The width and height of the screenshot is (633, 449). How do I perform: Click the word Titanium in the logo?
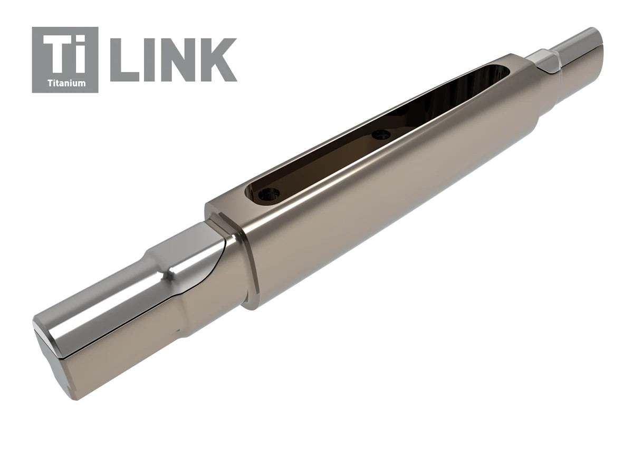point(65,83)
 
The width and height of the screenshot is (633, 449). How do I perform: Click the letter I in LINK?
point(147,59)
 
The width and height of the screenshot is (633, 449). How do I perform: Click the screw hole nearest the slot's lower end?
point(267,195)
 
